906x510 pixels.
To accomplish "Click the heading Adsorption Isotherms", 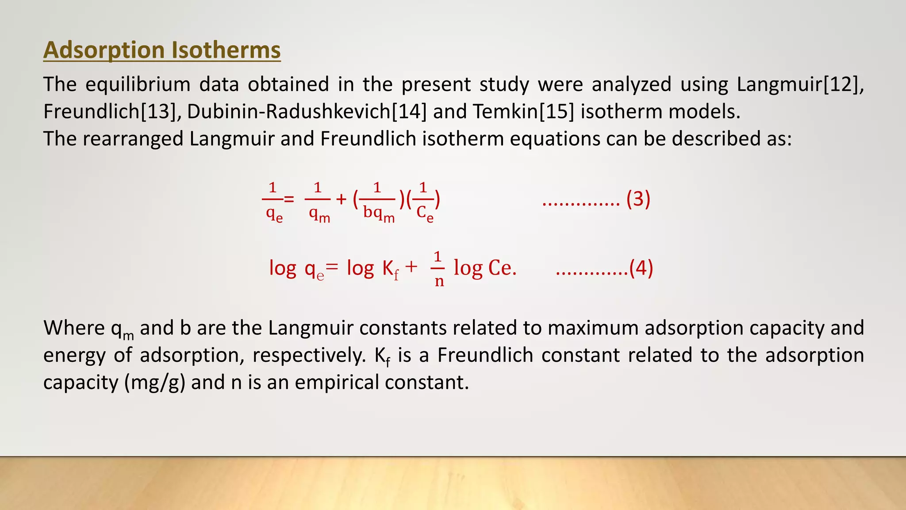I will (162, 50).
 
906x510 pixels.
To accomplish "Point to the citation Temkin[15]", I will (523, 112).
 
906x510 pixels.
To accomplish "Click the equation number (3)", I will (638, 199).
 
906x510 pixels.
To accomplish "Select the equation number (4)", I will (641, 268).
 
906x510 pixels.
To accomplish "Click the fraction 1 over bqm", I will (378, 201).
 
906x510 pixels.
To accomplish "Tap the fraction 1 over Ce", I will (424, 201).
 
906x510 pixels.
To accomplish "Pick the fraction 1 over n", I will (438, 268).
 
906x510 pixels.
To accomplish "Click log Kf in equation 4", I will (373, 268).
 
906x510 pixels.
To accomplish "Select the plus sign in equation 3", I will (341, 199).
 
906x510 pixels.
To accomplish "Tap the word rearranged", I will (133, 139).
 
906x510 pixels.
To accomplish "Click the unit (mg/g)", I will (154, 382).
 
